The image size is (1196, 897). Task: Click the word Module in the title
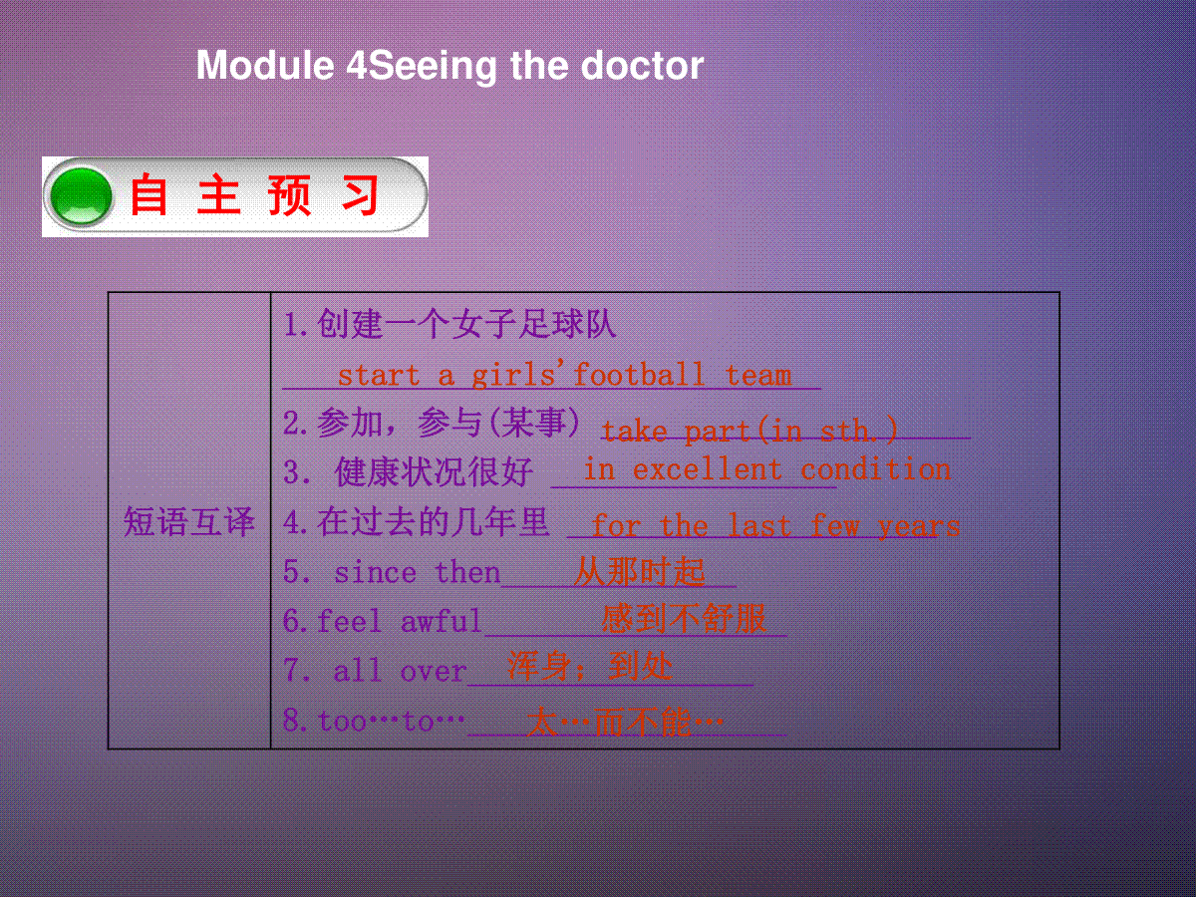[x=265, y=66]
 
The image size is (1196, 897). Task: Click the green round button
[x=81, y=196]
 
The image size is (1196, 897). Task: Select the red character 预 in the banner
[x=289, y=195]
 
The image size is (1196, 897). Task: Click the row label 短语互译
[x=189, y=521]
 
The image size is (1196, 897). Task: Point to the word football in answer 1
[x=638, y=375]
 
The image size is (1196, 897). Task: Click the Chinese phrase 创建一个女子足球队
[x=467, y=324]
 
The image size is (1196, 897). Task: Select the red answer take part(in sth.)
[x=749, y=431]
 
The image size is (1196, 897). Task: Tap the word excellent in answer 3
[x=708, y=468]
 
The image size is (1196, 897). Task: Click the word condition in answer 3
[x=876, y=468]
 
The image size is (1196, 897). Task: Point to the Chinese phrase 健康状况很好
[x=434, y=471]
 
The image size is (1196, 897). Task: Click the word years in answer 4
[x=919, y=526]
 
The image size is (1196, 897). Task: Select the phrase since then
[x=418, y=572]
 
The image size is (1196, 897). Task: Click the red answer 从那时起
[x=640, y=571]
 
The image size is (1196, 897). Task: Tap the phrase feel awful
[x=400, y=621]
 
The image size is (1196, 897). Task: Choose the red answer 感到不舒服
[x=684, y=619]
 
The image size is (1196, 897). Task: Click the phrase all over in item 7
[x=401, y=670]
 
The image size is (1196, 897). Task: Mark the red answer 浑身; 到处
[x=590, y=666]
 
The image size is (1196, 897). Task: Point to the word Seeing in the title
[x=434, y=67]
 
